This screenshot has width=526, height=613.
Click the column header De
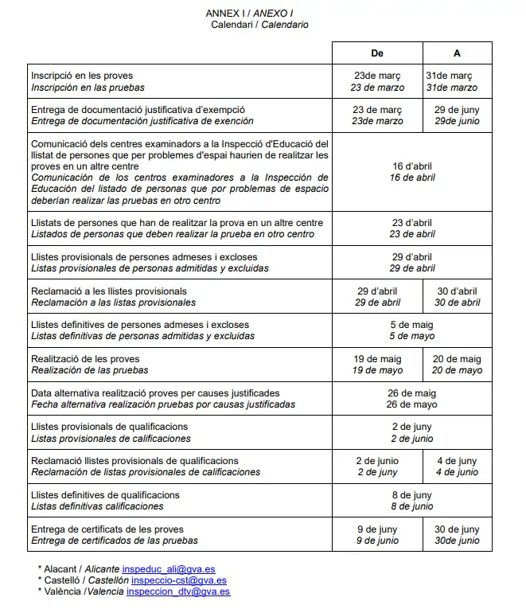(377, 53)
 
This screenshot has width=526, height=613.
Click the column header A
(457, 53)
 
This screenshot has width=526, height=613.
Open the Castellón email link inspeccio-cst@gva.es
(173, 581)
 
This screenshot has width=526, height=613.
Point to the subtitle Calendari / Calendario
(259, 25)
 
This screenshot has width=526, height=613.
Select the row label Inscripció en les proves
(82, 76)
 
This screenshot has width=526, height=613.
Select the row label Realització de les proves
(85, 359)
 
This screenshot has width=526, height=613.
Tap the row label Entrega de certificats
(107, 529)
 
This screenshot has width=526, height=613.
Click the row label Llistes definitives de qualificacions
(105, 495)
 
